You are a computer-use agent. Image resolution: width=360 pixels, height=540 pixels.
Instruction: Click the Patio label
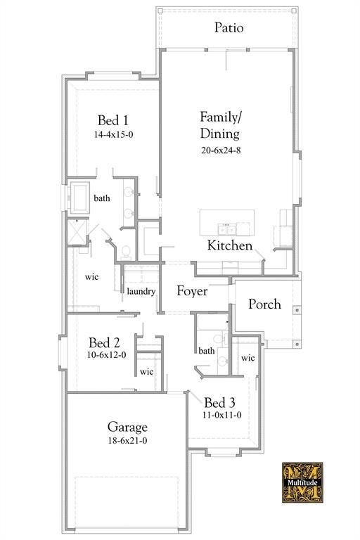[229, 28]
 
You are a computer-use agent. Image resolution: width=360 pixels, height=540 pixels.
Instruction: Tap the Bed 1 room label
[112, 120]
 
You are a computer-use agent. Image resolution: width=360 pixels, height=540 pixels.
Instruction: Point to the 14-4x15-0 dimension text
[113, 134]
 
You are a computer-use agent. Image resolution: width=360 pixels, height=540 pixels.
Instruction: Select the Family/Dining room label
[219, 124]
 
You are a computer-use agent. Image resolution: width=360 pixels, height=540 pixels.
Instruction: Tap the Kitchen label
[229, 245]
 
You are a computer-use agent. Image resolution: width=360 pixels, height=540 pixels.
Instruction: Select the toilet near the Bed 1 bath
[126, 251]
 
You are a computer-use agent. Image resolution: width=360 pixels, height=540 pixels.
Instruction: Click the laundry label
[141, 291]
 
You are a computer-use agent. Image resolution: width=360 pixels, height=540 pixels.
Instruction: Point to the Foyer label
[192, 290]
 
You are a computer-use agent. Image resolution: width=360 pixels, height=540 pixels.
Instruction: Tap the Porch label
[264, 304]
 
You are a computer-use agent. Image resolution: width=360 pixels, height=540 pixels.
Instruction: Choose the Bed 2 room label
[104, 343]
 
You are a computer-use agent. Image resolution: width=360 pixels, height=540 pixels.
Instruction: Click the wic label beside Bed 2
[146, 371]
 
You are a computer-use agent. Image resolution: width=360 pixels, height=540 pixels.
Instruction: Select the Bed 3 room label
[219, 403]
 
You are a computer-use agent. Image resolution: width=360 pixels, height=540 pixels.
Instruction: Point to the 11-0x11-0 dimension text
[222, 415]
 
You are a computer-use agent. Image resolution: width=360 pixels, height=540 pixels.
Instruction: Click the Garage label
[127, 427]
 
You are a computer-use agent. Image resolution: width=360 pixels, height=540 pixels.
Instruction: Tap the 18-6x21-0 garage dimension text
[127, 441]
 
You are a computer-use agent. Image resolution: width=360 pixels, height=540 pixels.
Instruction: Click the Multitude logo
[302, 482]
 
